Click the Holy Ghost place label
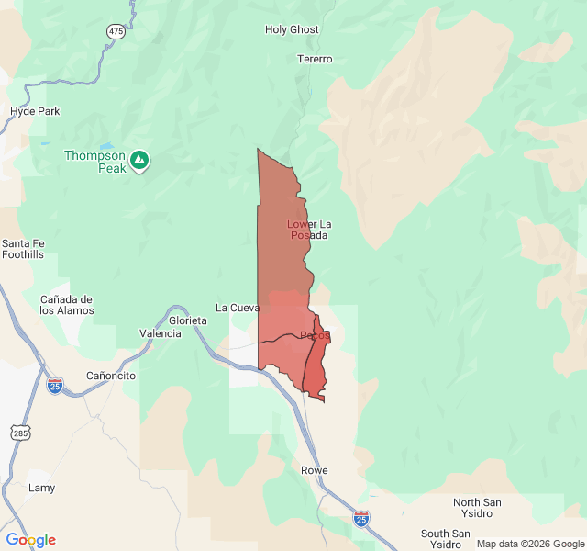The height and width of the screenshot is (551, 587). [292, 29]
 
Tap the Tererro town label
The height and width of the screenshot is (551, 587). [315, 59]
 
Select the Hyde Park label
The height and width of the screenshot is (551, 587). [35, 111]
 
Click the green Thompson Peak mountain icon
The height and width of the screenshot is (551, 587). [139, 162]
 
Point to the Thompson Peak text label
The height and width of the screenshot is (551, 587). [94, 162]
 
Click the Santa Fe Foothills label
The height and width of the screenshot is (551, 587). [23, 249]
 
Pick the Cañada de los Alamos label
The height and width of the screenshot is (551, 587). [66, 305]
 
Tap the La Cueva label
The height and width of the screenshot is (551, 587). [238, 308]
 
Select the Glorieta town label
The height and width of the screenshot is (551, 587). [188, 320]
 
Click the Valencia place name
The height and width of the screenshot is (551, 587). [161, 333]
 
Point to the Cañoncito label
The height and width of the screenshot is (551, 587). [111, 376]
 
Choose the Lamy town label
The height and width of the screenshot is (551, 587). [41, 488]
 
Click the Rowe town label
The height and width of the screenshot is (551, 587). [315, 470]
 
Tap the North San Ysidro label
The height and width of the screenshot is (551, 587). [477, 508]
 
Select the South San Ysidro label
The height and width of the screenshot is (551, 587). [446, 539]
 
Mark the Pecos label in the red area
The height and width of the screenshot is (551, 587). [315, 335]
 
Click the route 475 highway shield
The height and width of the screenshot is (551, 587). [116, 31]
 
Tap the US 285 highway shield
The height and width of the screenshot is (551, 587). [19, 432]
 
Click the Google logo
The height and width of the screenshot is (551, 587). [30, 540]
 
